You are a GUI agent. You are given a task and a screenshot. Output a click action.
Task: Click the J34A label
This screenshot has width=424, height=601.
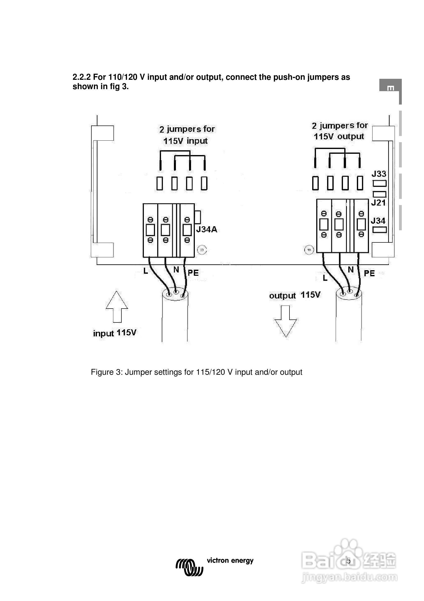click(207, 230)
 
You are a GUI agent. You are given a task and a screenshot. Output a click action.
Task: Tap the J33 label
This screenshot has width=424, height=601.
click(379, 174)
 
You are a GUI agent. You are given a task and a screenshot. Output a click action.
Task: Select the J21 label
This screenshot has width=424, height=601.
click(378, 203)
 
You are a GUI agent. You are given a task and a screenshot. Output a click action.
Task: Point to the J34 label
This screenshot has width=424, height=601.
click(378, 221)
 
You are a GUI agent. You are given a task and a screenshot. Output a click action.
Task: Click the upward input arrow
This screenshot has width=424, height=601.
click(117, 307)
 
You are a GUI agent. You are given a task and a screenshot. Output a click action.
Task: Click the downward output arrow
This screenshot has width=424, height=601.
click(285, 321)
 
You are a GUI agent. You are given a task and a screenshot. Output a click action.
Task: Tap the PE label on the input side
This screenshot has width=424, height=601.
click(193, 273)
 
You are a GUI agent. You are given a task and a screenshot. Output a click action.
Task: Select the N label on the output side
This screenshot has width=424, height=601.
click(351, 270)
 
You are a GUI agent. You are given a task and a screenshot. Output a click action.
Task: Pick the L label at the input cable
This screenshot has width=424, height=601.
click(146, 271)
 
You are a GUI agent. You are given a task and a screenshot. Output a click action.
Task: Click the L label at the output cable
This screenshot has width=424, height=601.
click(325, 278)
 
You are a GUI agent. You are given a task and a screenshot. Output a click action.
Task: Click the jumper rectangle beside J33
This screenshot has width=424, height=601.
click(380, 183)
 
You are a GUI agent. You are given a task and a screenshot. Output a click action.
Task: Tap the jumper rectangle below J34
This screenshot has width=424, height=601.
click(379, 230)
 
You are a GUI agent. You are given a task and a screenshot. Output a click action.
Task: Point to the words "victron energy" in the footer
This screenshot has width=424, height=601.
click(230, 560)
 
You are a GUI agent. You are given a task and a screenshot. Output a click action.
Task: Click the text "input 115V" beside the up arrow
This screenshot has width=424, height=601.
click(115, 333)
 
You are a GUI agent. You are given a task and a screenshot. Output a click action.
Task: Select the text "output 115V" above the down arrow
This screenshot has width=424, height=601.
click(295, 295)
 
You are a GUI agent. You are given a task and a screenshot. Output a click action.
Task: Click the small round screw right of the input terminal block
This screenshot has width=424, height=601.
click(202, 250)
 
